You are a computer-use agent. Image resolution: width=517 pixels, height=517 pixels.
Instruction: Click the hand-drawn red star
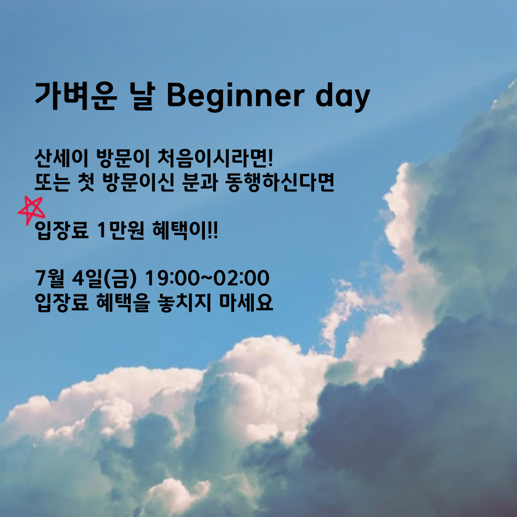[32, 209]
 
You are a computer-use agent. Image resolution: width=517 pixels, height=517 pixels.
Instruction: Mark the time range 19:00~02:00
[207, 278]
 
